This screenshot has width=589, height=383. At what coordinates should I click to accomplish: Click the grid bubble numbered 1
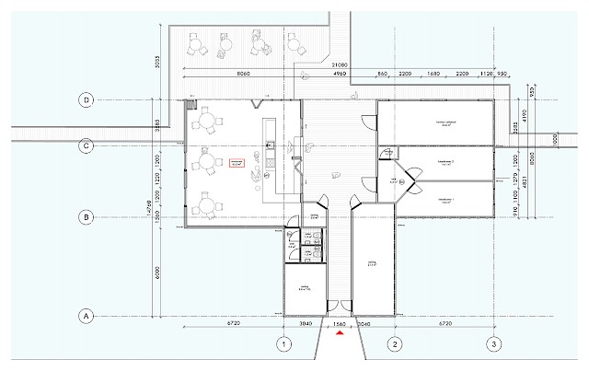pyautogui.click(x=283, y=344)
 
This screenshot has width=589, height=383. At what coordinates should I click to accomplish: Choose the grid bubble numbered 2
pyautogui.click(x=393, y=344)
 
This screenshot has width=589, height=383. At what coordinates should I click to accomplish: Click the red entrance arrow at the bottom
pyautogui.click(x=340, y=334)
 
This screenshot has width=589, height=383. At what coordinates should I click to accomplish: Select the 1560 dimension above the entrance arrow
pyautogui.click(x=339, y=325)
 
